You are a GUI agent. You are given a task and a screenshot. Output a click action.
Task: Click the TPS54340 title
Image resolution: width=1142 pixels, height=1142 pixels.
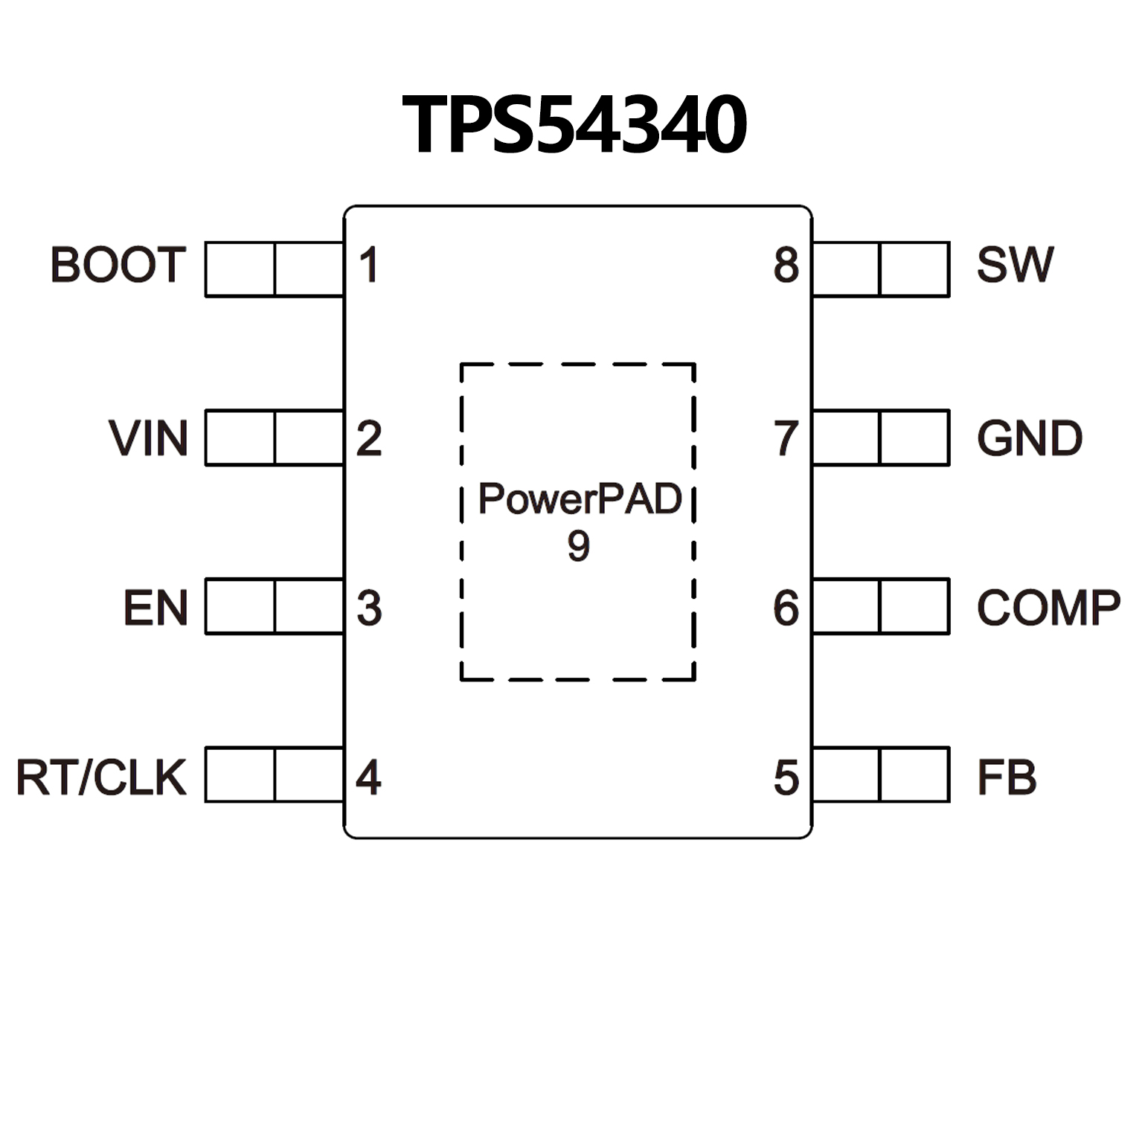pos(574,125)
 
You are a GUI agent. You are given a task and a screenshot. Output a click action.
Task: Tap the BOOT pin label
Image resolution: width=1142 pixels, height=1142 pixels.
pos(118,265)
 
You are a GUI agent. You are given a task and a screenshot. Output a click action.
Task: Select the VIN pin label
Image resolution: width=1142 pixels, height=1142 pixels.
pos(148,438)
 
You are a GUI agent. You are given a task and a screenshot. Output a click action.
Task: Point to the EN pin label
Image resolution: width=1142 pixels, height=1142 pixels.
pos(155,608)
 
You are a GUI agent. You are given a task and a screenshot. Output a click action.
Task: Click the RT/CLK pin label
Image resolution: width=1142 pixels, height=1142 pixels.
pos(101,777)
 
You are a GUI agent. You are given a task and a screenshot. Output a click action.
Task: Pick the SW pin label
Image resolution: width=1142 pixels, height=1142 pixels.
pos(1015,265)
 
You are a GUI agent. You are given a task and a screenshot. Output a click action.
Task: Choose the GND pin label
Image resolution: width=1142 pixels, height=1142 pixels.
pos(1029,438)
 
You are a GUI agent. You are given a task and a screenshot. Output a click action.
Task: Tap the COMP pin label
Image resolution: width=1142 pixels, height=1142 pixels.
pos(1048,608)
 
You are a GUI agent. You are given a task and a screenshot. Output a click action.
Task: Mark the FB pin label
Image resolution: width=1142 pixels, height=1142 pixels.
pos(1006,777)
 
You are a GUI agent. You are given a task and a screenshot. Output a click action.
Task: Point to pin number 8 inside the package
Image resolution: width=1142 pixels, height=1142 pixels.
pos(786,265)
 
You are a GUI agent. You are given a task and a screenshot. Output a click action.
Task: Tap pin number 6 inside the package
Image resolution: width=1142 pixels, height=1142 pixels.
pos(786,608)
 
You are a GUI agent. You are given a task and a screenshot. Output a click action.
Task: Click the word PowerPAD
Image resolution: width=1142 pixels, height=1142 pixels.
pos(580,499)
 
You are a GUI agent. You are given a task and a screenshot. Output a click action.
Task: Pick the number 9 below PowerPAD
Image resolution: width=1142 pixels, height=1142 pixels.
pos(578,546)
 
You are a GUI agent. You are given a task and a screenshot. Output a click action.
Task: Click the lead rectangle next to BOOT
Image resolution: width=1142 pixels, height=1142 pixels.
pos(274,269)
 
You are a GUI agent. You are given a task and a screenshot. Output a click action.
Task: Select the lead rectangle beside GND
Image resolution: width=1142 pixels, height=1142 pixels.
pos(881,437)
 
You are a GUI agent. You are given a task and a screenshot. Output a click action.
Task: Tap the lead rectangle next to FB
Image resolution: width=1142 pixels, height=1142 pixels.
pos(881,774)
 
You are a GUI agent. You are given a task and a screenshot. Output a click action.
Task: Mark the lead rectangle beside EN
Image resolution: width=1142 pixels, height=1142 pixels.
pos(274,606)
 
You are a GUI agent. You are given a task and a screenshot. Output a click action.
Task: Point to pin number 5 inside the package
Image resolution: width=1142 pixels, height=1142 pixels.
pos(786,777)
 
